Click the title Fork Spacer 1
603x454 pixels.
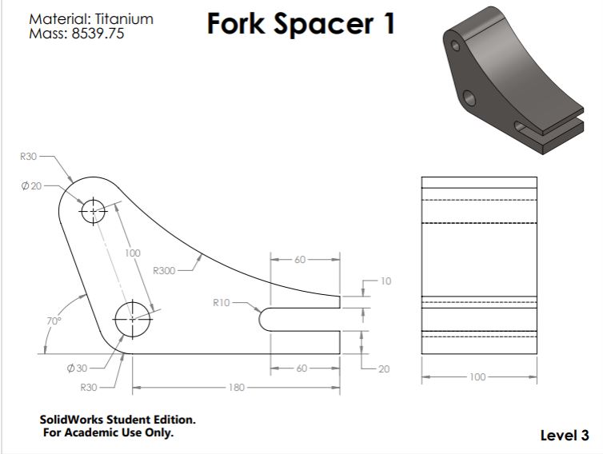tap(301, 24)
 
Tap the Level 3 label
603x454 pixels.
tap(565, 436)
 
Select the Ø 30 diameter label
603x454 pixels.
tap(77, 368)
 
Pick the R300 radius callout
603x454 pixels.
tap(163, 271)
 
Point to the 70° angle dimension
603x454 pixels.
tap(52, 321)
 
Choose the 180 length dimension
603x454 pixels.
tap(236, 388)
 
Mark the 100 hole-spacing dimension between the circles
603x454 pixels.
tap(133, 253)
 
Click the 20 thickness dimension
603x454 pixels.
tap(385, 368)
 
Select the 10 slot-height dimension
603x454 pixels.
tap(386, 281)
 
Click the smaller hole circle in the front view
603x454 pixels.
tap(93, 211)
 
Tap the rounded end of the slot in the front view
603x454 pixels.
tap(264, 318)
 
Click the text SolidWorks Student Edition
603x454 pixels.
tap(117, 419)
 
